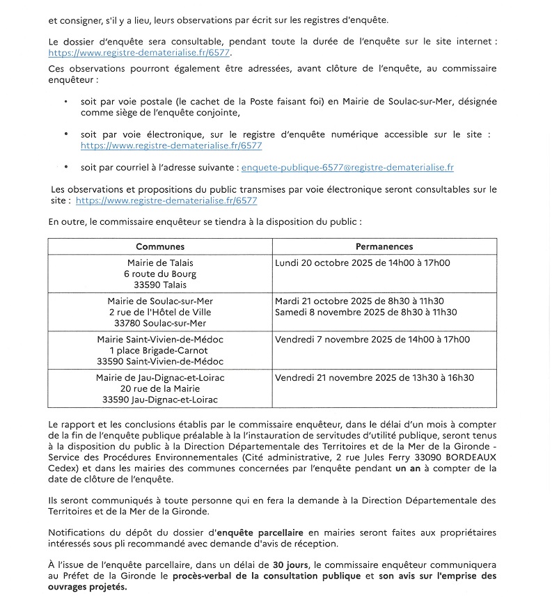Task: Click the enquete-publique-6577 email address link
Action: (x=346, y=168)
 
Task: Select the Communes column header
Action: (x=160, y=246)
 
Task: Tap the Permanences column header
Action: (x=384, y=246)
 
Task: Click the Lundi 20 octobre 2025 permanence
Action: (x=362, y=263)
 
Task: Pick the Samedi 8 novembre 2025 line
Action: (x=366, y=312)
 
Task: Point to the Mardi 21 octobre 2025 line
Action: (x=359, y=301)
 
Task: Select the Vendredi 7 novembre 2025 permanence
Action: (x=372, y=339)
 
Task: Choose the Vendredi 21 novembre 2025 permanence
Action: (x=374, y=377)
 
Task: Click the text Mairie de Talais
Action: (x=160, y=263)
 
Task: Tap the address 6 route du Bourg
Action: (x=160, y=274)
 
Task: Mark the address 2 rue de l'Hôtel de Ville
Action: (x=160, y=312)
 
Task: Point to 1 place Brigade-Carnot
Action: (x=160, y=350)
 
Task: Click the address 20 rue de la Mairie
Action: (x=160, y=388)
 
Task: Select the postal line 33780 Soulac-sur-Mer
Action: (x=160, y=323)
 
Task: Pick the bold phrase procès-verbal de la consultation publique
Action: (x=267, y=577)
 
